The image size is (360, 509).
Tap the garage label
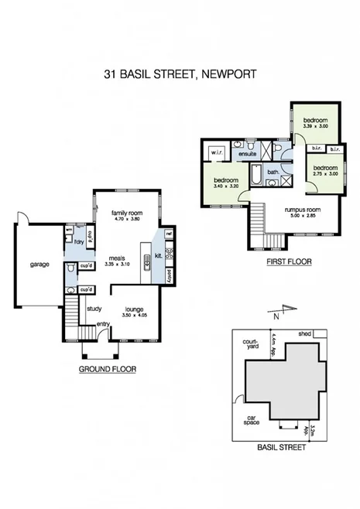coord(40,265)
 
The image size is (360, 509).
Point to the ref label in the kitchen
coord(169,233)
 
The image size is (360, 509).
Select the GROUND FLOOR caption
coord(108,370)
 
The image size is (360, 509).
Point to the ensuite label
coord(248,154)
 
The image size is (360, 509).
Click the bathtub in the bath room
coord(255,180)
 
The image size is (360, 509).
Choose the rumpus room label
coord(297,209)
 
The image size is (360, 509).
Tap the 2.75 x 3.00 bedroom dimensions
coord(325,175)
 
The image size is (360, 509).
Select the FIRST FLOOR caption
coord(288,262)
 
